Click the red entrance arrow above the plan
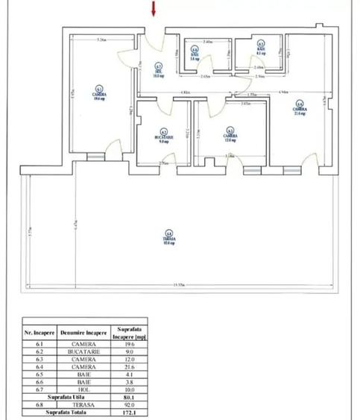[154, 9]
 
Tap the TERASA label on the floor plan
[170, 239]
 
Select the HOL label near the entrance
[158, 72]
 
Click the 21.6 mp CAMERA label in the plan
[299, 110]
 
